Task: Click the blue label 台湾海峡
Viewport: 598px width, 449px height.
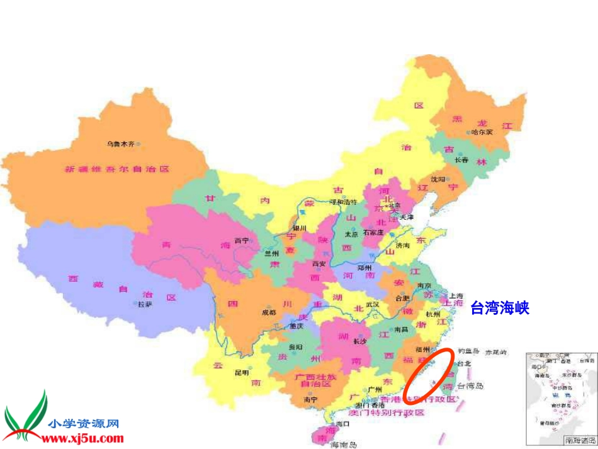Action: point(500,308)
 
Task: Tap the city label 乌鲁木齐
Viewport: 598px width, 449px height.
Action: point(120,144)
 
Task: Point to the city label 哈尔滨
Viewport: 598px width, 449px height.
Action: point(482,132)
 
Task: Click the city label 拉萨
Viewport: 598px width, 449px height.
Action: point(145,305)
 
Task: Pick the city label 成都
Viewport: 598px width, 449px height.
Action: point(269,312)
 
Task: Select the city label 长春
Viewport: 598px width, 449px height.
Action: point(461,160)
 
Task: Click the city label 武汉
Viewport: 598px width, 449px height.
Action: point(372,304)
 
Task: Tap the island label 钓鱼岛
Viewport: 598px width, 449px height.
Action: point(468,351)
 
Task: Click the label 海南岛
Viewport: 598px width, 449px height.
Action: point(344,445)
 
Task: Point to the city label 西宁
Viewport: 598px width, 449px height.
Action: point(242,240)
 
